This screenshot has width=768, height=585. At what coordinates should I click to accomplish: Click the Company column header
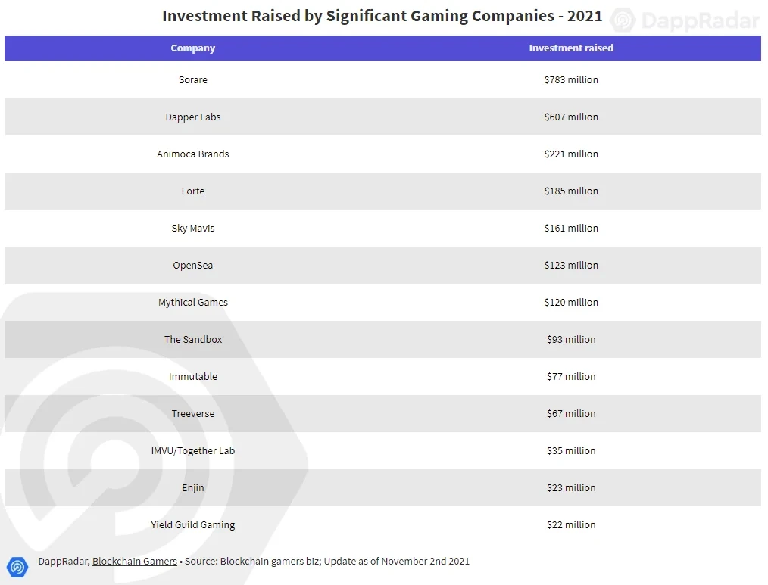(x=193, y=48)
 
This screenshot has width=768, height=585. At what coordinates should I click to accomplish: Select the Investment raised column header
(x=571, y=48)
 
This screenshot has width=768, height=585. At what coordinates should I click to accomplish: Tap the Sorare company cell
(x=193, y=80)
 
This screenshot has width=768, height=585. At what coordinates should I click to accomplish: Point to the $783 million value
(x=571, y=80)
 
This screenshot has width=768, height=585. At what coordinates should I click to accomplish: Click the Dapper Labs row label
(x=193, y=117)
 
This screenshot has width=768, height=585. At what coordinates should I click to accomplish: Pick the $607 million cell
(x=571, y=117)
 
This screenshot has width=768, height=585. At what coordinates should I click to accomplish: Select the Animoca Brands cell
(x=193, y=154)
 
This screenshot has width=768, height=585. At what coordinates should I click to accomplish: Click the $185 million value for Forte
(x=571, y=191)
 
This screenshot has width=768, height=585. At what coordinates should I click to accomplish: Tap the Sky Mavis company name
(x=193, y=229)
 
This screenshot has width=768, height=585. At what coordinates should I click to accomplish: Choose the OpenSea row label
(x=193, y=266)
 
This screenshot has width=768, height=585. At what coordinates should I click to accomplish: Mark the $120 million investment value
(x=571, y=303)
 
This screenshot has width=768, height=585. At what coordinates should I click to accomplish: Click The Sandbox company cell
(x=193, y=340)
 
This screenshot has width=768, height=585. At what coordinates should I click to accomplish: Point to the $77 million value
(x=571, y=377)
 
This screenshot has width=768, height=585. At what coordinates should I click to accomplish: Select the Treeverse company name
(x=193, y=414)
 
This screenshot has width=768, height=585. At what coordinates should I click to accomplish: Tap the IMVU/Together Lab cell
(x=193, y=451)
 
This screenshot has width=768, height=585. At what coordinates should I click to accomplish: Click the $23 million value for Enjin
(x=571, y=488)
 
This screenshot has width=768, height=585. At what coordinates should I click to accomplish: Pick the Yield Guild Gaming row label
(x=193, y=525)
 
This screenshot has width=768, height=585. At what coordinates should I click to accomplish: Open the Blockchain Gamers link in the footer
(x=135, y=562)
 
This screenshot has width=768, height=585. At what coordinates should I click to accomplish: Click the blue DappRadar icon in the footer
(x=17, y=566)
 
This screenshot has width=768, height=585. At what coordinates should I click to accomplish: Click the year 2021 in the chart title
(x=584, y=16)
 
